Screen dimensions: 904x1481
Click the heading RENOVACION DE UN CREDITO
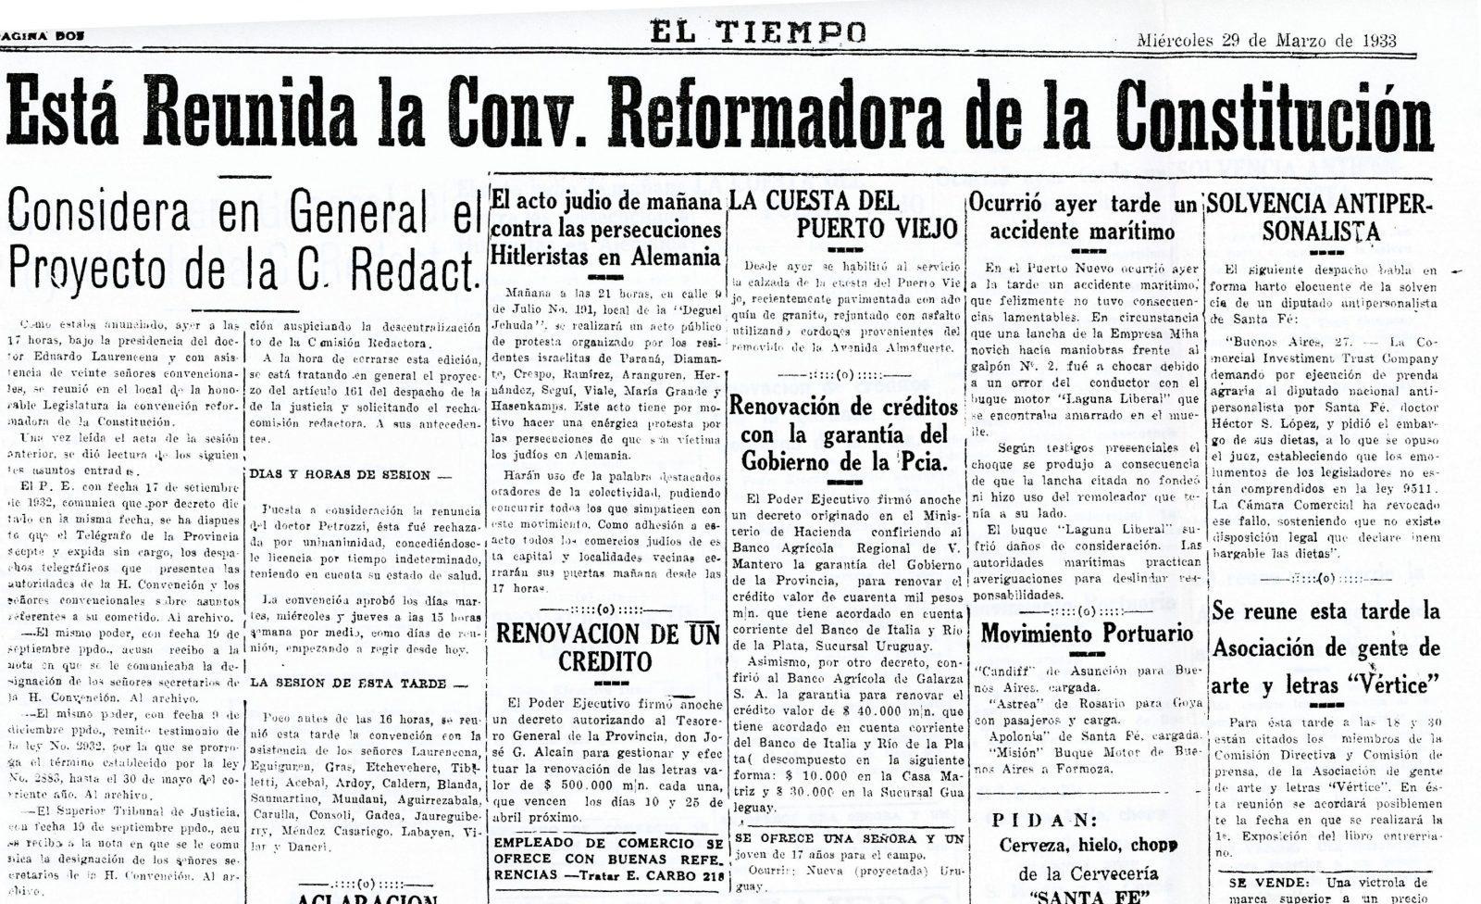(x=607, y=647)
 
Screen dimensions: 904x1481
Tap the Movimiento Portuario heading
(x=1087, y=634)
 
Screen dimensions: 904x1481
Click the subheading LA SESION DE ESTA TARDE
(x=347, y=684)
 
